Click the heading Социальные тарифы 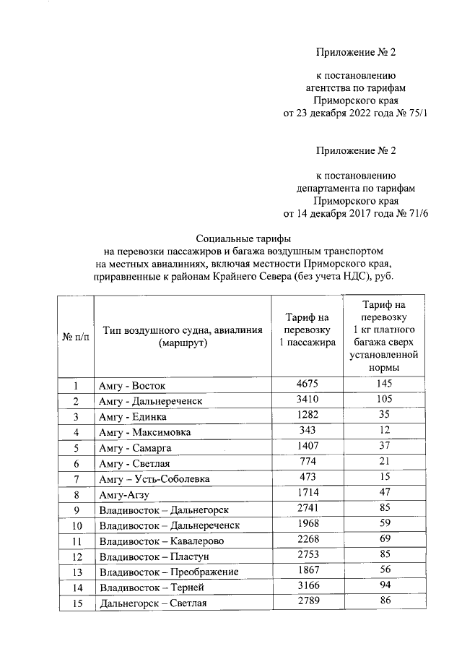[247, 239]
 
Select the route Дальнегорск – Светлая [154, 604]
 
